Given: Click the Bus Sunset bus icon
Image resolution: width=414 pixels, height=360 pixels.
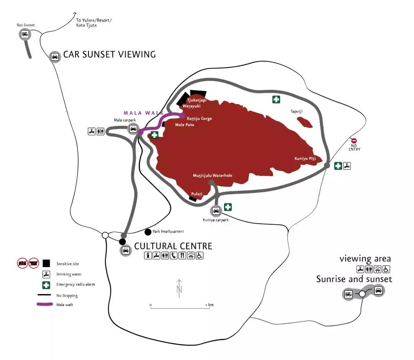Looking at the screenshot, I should [25, 34].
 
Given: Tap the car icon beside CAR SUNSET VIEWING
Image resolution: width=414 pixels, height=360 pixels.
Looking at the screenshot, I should [55, 57].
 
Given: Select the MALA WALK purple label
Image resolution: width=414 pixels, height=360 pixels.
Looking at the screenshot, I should [143, 113].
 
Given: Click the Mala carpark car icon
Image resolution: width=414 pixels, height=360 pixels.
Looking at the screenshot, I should [133, 129].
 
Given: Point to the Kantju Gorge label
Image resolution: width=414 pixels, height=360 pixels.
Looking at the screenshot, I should [199, 119].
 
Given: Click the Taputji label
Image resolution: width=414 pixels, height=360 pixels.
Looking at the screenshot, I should [297, 111].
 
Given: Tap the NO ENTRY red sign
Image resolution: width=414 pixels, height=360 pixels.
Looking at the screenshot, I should [354, 141].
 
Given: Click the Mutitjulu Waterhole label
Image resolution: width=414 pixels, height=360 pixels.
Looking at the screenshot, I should [212, 176].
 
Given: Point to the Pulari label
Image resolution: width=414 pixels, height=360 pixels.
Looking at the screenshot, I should [196, 194].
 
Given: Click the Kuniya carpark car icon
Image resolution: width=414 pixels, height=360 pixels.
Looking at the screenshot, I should [216, 211].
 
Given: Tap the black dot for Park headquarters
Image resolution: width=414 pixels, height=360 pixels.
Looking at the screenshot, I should [148, 232].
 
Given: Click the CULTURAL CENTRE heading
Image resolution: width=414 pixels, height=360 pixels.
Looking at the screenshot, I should [173, 246].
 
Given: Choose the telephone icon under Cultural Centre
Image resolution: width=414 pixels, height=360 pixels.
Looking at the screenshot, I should [173, 256].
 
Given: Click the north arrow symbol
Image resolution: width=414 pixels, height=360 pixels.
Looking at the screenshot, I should [179, 287].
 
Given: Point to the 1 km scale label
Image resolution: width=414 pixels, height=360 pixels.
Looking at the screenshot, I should [209, 305].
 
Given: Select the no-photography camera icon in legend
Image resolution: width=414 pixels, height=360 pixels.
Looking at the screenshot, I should [22, 263].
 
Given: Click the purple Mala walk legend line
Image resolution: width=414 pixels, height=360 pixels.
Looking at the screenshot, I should [44, 304].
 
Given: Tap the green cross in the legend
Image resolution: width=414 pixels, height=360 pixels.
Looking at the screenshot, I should [46, 285].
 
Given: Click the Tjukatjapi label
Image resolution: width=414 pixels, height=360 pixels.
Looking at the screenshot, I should [196, 100].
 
